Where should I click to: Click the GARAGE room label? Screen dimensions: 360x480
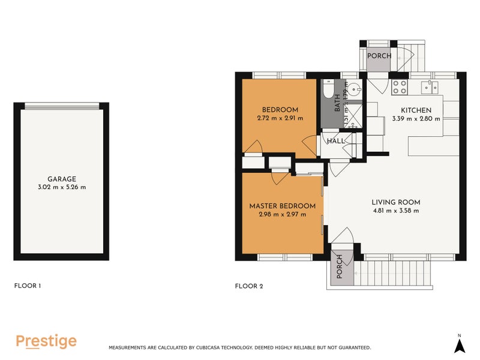point(62,179)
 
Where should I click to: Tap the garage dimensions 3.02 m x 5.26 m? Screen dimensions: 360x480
point(62,187)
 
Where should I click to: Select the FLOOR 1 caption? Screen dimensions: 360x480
point(27,286)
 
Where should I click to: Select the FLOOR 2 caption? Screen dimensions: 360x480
point(249,286)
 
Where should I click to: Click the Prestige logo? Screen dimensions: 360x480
point(46,341)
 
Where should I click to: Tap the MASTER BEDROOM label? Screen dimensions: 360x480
point(282,206)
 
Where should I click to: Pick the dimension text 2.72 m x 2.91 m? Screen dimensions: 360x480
point(280,118)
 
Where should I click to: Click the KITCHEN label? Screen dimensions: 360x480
point(416,110)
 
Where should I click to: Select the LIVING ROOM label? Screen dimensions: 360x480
point(395,202)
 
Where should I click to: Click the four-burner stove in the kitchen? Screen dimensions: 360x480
point(400,88)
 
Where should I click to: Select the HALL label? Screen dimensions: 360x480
point(335,141)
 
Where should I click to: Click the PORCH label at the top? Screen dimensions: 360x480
point(379,56)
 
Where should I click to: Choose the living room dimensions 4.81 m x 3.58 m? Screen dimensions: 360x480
point(395,211)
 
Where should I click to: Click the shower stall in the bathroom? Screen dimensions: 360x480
point(353,114)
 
